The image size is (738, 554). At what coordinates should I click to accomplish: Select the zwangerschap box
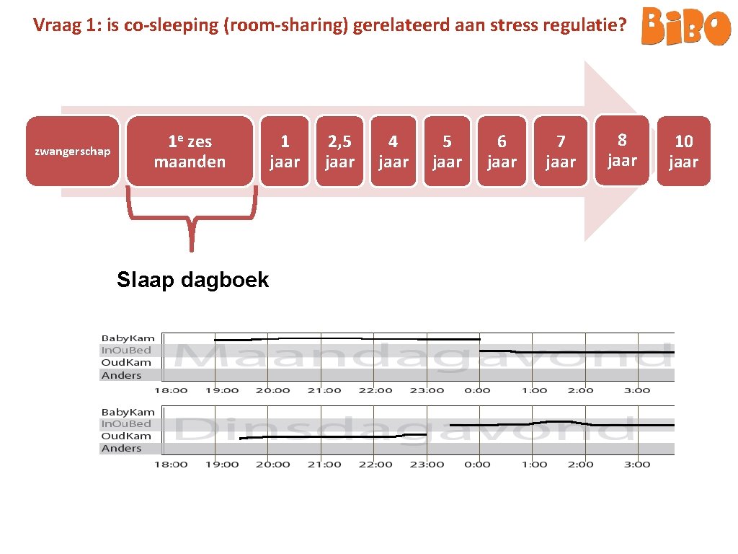tap(73, 151)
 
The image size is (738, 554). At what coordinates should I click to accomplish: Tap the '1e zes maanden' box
tap(190, 151)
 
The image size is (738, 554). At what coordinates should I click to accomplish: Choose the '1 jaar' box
tap(285, 151)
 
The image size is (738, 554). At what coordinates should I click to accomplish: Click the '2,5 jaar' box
tap(339, 151)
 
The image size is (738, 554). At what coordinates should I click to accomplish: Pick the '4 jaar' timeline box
tap(393, 151)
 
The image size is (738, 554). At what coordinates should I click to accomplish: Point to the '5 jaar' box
tap(447, 151)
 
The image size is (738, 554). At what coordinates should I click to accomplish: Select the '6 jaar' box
tap(502, 151)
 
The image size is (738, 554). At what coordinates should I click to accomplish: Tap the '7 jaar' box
tap(561, 151)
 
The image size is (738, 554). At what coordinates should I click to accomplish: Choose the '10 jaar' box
tap(683, 151)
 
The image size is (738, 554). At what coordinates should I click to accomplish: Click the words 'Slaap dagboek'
tap(192, 280)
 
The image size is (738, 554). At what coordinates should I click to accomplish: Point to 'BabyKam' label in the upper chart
tap(128, 338)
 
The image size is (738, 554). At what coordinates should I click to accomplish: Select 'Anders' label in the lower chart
tap(122, 448)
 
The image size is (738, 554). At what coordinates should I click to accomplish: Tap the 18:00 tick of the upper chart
tap(171, 390)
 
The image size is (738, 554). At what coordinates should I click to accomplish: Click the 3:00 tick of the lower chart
tap(637, 464)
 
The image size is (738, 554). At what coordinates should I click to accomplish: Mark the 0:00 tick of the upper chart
tap(478, 390)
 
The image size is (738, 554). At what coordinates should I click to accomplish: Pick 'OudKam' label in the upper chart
tap(126, 362)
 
